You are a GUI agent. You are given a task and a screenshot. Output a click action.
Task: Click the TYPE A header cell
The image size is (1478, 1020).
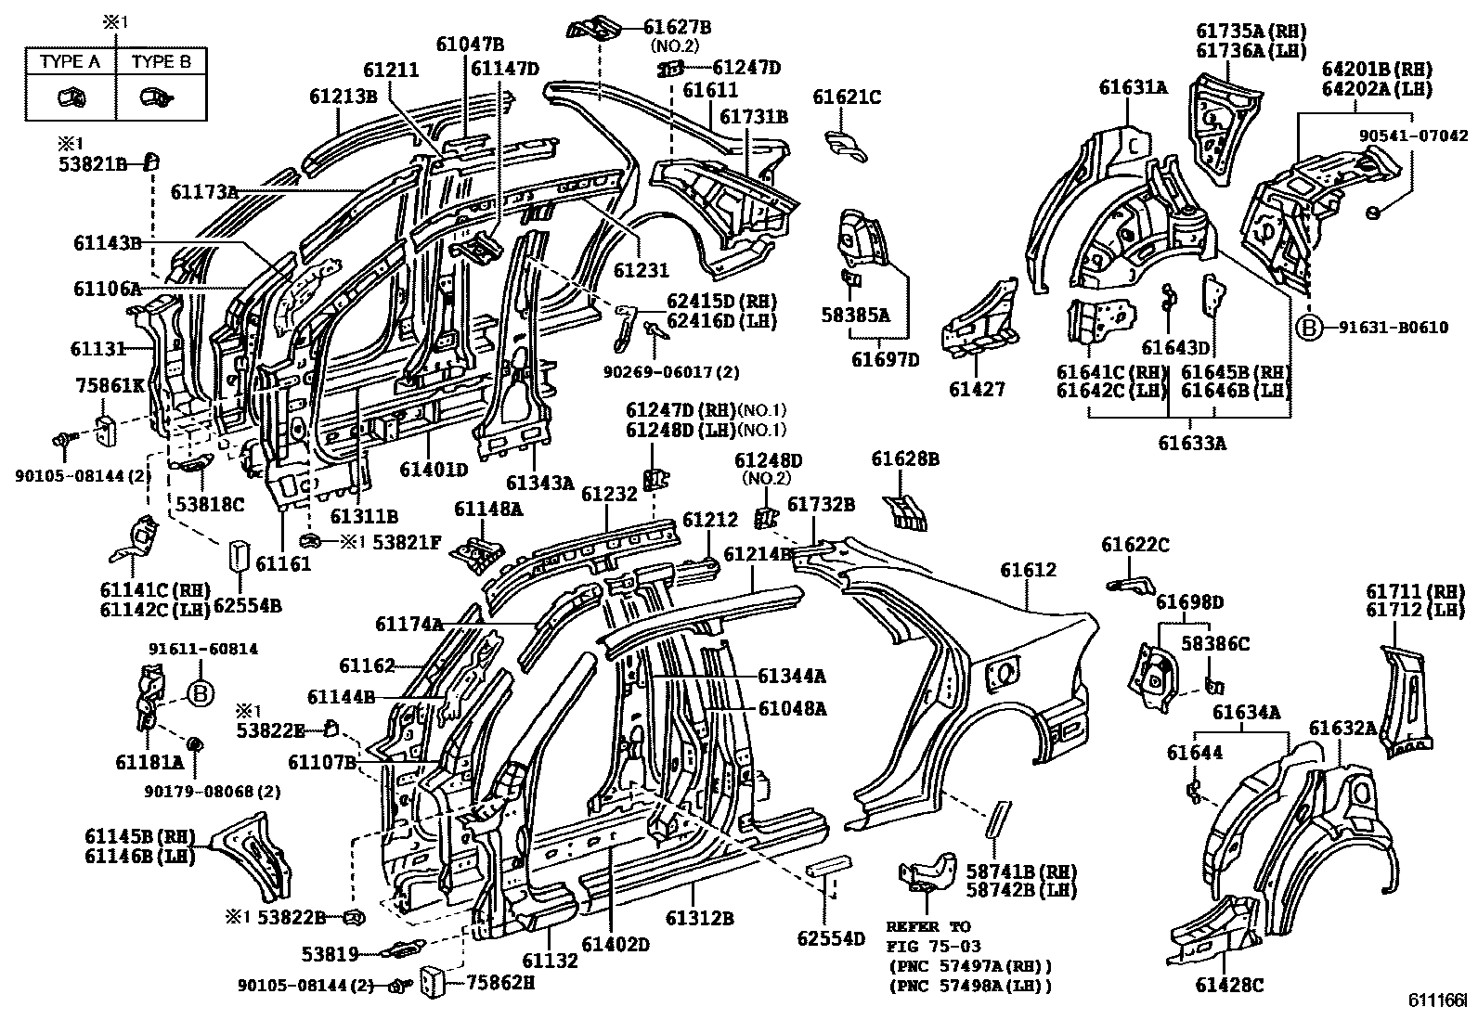70,62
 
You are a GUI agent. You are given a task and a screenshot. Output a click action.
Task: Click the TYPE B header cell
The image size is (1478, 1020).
162,62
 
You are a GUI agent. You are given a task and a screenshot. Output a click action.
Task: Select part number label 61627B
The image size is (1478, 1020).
678,27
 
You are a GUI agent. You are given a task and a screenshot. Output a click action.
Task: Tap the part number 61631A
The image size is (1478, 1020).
1133,87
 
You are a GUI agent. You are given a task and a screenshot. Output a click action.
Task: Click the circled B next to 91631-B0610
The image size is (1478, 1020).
1308,327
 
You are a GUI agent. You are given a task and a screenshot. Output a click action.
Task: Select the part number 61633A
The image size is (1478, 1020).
1191,444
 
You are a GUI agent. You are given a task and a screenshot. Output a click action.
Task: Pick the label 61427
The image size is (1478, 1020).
977,390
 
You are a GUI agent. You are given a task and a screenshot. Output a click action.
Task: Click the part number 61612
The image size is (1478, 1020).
1028,570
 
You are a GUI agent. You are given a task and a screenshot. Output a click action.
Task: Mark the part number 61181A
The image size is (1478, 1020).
149,763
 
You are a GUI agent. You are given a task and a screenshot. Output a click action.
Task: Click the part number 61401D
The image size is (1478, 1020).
434,470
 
